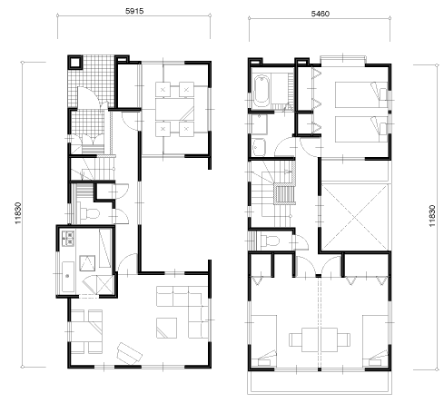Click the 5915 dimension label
134,11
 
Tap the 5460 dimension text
321,14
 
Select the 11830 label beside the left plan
18,213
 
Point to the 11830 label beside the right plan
432,216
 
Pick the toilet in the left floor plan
90,213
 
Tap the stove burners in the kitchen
68,238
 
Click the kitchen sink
68,276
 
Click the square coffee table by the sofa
167,328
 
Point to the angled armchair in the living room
130,354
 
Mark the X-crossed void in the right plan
355,217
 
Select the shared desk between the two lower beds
320,339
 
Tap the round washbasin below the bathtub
259,147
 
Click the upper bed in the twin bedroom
361,94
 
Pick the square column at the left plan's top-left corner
74,63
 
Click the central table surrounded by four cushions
174,109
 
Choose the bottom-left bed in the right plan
264,340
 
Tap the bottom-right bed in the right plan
375,341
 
